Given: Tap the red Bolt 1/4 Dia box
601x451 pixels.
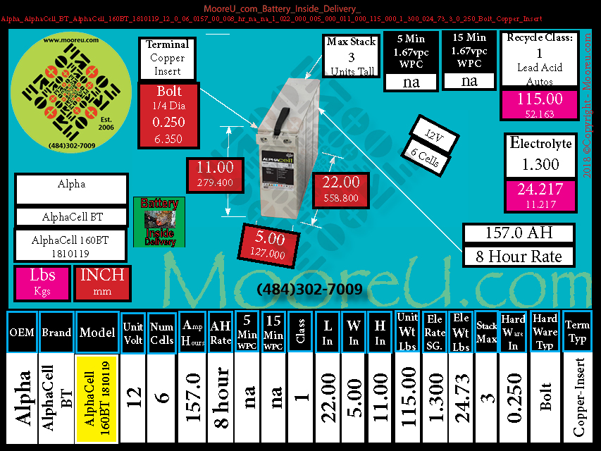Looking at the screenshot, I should pyautogui.click(x=169, y=114).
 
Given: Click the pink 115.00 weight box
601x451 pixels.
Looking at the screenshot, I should pyautogui.click(x=540, y=105).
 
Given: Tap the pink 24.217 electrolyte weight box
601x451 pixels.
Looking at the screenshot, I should pyautogui.click(x=539, y=195).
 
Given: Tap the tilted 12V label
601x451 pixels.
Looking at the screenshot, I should pyautogui.click(x=427, y=134).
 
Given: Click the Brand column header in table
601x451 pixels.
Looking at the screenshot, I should pyautogui.click(x=56, y=331).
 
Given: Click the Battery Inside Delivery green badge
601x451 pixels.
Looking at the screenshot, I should pyautogui.click(x=159, y=222).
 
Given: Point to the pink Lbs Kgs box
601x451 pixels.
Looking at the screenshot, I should pyautogui.click(x=42, y=283).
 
